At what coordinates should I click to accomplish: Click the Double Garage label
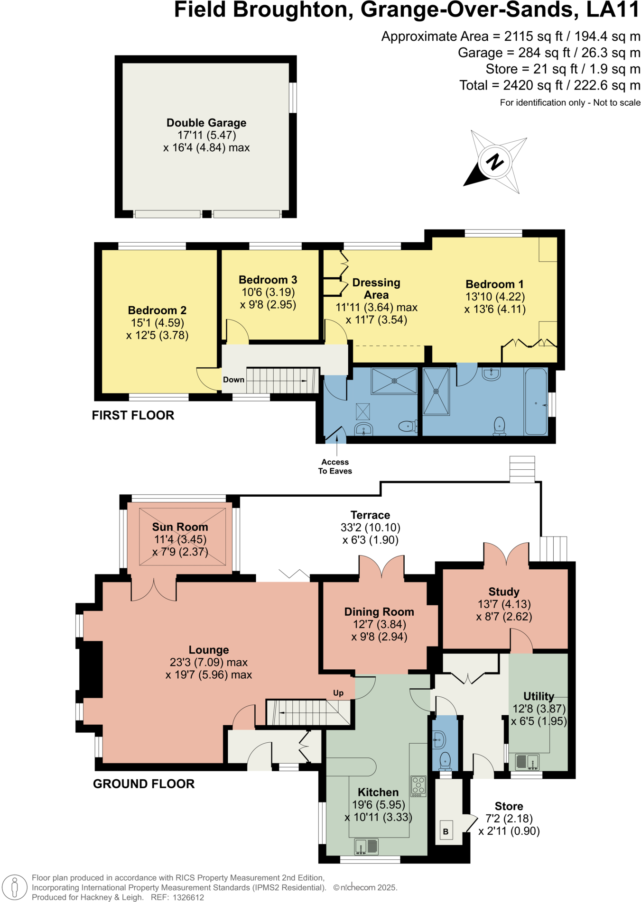point(206,123)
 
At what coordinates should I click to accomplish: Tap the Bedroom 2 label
point(157,310)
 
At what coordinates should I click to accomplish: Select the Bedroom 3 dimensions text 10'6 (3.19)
point(268,292)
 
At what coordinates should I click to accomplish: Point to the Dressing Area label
point(376,288)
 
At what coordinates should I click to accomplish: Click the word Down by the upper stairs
point(233,380)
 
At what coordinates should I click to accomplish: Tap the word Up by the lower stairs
point(338,693)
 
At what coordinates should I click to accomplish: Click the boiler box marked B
point(446,831)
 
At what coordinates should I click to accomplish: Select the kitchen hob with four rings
point(418,785)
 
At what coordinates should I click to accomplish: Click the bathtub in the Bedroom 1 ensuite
point(536,401)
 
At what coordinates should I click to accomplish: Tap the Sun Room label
point(180,527)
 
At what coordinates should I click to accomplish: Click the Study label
point(504,592)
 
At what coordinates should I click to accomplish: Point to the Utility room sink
point(527,762)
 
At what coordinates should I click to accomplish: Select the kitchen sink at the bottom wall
point(366,846)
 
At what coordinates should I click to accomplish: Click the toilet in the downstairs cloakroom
point(445,760)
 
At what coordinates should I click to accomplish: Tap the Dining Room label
point(379,612)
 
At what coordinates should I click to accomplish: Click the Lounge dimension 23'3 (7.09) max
point(208,662)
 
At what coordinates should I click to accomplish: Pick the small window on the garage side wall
point(293,98)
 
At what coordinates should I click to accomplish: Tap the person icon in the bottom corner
point(15,887)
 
